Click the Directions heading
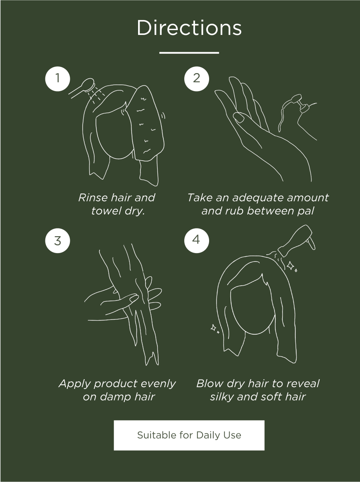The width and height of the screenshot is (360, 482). pyautogui.click(x=189, y=28)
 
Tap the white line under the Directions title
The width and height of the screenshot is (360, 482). pyautogui.click(x=189, y=53)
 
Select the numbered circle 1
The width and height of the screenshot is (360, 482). pyautogui.click(x=57, y=79)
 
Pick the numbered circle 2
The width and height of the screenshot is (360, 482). pyautogui.click(x=197, y=79)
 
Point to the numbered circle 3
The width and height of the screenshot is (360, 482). pyautogui.click(x=57, y=241)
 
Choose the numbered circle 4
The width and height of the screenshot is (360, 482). pyautogui.click(x=197, y=241)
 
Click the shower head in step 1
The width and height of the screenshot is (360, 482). pyautogui.click(x=88, y=85)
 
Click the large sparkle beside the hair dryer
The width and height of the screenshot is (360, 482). pyautogui.click(x=291, y=266)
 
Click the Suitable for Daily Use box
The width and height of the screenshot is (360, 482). pyautogui.click(x=189, y=435)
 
